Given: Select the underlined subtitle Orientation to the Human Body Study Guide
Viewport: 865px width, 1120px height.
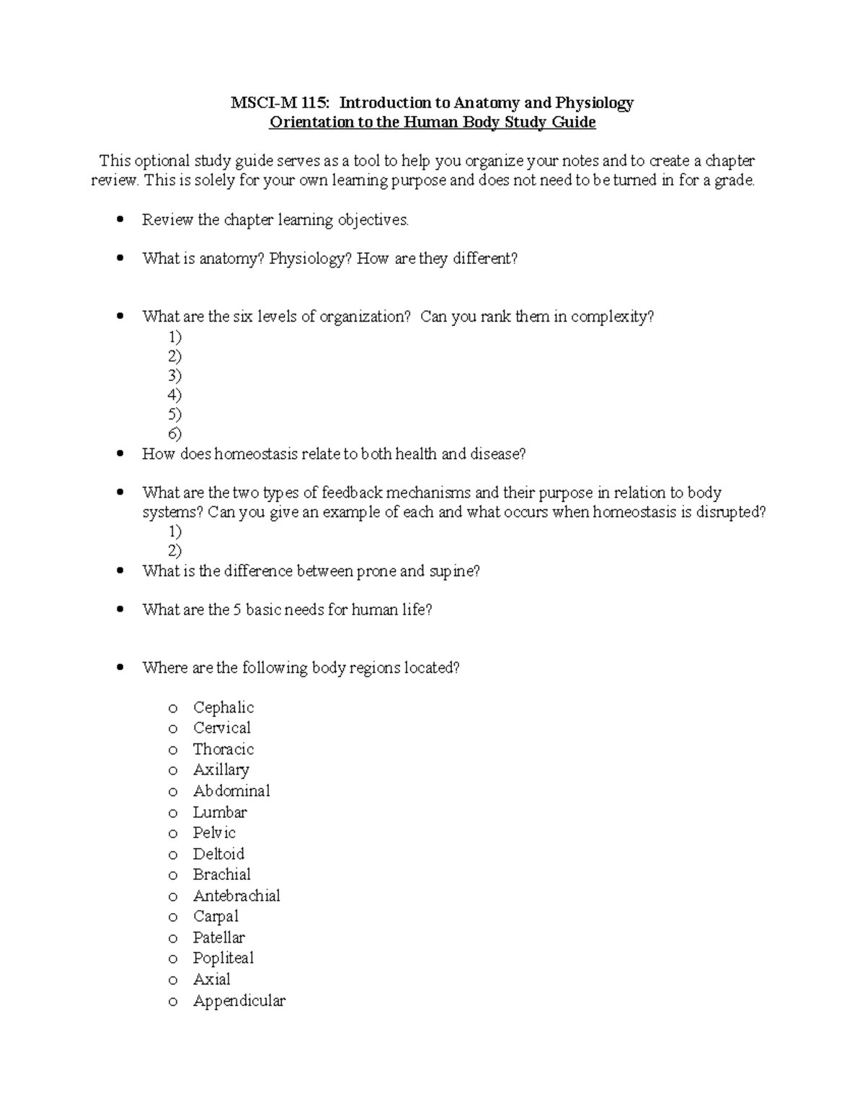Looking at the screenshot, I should tap(432, 123).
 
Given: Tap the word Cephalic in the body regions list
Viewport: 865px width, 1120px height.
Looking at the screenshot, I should tap(223, 707).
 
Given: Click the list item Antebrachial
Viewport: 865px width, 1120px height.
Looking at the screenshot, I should tap(236, 896).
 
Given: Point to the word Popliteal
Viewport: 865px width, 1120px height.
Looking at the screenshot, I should tap(223, 958).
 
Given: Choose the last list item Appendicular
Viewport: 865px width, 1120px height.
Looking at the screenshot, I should tap(239, 1001).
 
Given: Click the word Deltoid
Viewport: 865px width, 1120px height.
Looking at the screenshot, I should tap(218, 854).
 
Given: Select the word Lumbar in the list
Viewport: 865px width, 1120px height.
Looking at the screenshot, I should tap(219, 812).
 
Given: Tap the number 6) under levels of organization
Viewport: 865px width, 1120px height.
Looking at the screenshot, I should tap(174, 433).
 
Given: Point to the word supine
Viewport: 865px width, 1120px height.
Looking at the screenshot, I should tap(454, 571).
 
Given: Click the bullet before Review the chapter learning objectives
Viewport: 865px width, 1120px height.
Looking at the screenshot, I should tap(120, 219).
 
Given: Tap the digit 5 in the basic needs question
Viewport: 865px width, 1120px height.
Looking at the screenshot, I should tap(236, 610).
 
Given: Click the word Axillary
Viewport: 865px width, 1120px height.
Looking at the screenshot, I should tap(221, 770).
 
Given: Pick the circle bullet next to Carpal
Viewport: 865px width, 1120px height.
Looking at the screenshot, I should tap(172, 917).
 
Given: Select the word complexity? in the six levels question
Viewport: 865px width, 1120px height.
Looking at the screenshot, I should tap(612, 317).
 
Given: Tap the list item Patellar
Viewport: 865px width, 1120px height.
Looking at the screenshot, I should tap(218, 938).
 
